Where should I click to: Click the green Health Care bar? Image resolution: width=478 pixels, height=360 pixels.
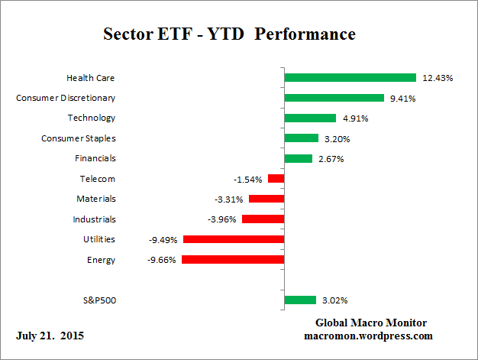click(350, 77)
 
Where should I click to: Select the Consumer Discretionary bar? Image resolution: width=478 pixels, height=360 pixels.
click(334, 98)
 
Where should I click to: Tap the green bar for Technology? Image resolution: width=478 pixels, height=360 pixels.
click(310, 118)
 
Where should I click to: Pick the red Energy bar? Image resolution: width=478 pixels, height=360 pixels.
click(232, 260)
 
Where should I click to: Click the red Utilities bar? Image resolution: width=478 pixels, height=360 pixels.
click(233, 239)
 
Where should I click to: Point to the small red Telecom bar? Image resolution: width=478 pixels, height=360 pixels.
click(276, 179)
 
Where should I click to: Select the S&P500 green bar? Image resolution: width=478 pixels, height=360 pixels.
click(299, 300)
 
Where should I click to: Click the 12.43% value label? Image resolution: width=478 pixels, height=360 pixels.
click(437, 78)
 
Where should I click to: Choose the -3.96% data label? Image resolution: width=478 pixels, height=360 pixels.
click(222, 219)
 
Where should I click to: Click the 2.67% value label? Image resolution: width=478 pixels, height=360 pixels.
click(331, 159)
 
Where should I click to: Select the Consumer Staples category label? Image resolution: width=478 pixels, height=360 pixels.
click(78, 138)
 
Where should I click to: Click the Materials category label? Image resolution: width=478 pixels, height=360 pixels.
click(95, 199)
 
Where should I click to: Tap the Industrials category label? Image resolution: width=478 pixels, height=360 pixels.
click(95, 219)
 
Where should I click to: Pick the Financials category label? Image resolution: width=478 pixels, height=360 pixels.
click(95, 158)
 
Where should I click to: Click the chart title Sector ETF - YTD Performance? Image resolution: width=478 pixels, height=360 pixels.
click(229, 34)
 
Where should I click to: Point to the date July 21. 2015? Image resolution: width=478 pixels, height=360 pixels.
click(50, 336)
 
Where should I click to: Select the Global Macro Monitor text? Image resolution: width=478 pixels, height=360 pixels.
click(371, 323)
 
